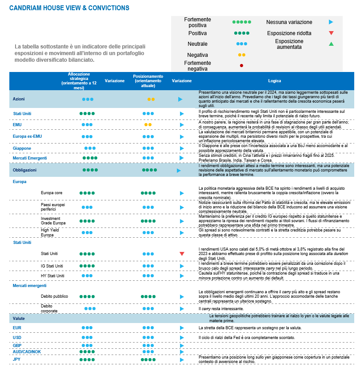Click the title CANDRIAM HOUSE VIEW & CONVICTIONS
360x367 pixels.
pyautogui.click(x=69, y=8)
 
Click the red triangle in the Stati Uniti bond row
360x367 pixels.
pyautogui.click(x=182, y=254)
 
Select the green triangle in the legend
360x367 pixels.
pyautogui.click(x=331, y=44)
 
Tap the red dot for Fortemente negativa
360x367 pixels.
pyautogui.click(x=241, y=66)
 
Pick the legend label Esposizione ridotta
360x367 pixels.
pyautogui.click(x=289, y=33)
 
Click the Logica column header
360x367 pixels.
pyautogui.click(x=274, y=81)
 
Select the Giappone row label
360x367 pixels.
pyautogui.click(x=22, y=148)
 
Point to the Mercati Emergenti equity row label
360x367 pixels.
pyautogui.click(x=30, y=158)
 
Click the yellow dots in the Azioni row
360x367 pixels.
pyautogui.click(x=151, y=100)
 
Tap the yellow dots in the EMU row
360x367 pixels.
pyautogui.click(x=148, y=125)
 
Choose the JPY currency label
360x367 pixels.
pyautogui.click(x=17, y=359)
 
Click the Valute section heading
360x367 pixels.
pyautogui.click(x=19, y=319)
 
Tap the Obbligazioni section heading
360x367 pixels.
pyautogui.click(x=24, y=170)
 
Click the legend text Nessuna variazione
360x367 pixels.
pyautogui.click(x=289, y=22)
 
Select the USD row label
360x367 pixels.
pyautogui.click(x=17, y=337)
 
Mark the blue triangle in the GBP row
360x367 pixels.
pyautogui.click(x=182, y=345)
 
